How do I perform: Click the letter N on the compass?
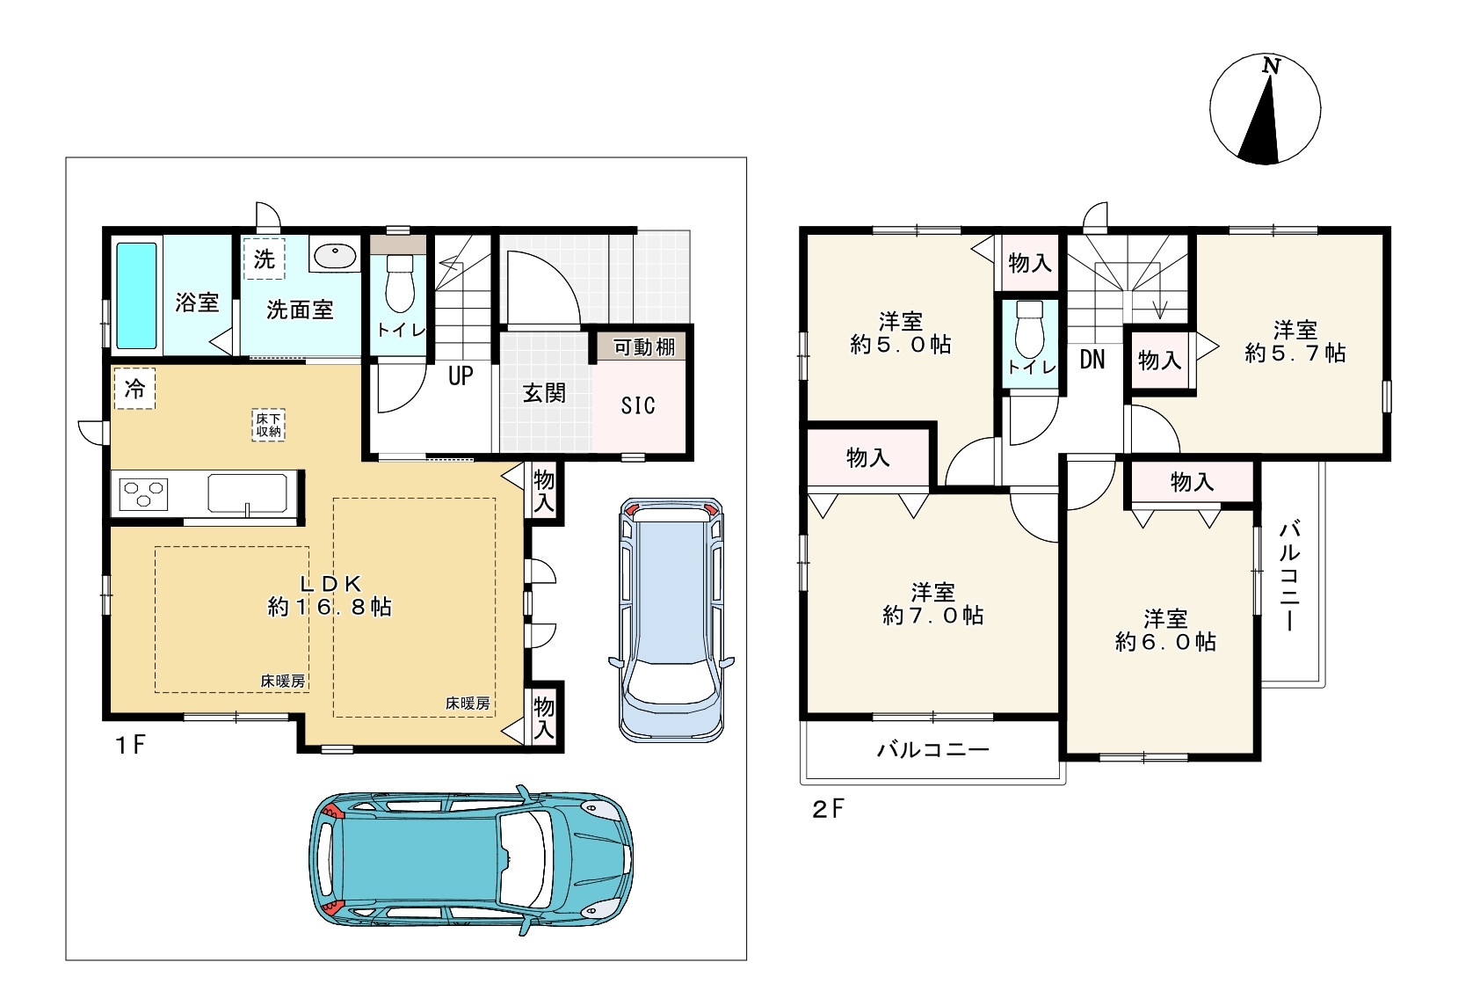(x=1271, y=66)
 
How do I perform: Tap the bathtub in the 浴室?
(x=137, y=295)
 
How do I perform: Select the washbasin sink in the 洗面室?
(x=335, y=255)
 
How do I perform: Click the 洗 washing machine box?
(x=264, y=259)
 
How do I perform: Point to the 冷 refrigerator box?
(x=134, y=389)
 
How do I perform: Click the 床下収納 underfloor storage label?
(x=268, y=425)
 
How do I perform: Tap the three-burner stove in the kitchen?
(x=143, y=493)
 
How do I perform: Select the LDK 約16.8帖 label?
(x=330, y=595)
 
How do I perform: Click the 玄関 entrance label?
(x=544, y=392)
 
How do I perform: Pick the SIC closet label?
(x=638, y=405)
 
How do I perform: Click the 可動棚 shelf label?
(x=643, y=347)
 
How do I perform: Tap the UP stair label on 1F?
(x=461, y=375)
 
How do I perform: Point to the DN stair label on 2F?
(x=1092, y=360)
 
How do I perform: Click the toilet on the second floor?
(x=1030, y=330)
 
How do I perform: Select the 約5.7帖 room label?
(x=1295, y=353)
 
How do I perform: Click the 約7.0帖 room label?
(x=932, y=616)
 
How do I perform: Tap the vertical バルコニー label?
(x=1289, y=576)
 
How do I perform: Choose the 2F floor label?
(x=828, y=809)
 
